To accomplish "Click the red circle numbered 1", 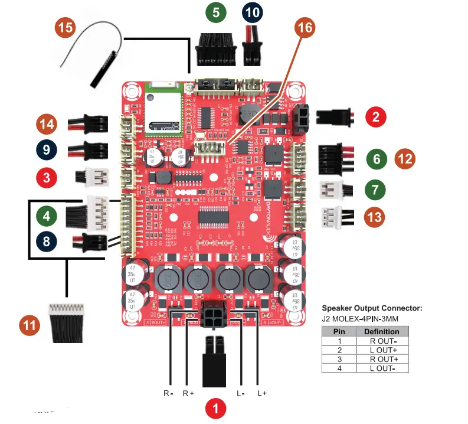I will (x=216, y=408).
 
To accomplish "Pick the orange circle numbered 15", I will (x=66, y=28).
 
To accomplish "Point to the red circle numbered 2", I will (x=376, y=116).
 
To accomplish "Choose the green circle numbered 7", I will (x=374, y=190).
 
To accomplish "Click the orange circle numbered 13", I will (x=374, y=217).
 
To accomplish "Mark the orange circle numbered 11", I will (x=30, y=325).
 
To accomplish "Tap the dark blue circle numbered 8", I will (x=46, y=241).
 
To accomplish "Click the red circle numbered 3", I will (x=46, y=176).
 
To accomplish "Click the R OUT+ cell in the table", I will (x=382, y=358).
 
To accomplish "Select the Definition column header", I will (x=382, y=331).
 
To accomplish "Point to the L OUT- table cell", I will (x=382, y=368).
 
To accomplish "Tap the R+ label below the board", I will (x=188, y=393).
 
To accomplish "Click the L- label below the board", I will (x=241, y=393).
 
